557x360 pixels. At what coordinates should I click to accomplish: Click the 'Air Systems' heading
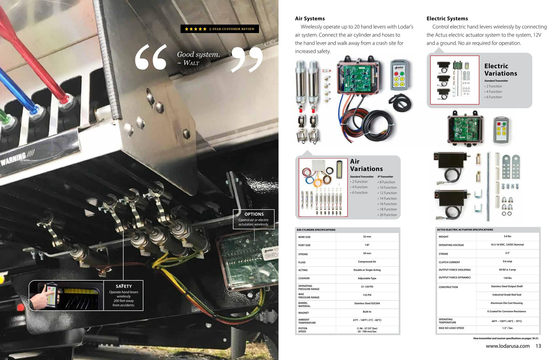coord(309,18)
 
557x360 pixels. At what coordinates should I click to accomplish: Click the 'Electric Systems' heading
coord(447,18)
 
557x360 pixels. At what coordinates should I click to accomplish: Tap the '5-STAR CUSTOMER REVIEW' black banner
coord(220,29)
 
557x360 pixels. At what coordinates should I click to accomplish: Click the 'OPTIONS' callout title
coord(254,214)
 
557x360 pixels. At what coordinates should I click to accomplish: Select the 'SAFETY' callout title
coord(124,286)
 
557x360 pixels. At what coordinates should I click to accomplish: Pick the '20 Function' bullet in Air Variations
coord(388,215)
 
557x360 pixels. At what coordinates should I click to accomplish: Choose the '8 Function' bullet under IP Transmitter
coord(387,182)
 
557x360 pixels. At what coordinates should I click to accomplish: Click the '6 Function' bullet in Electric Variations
coord(494,97)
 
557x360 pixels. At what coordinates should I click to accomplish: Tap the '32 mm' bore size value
coord(367,237)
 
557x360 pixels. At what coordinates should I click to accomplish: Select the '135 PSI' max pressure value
coord(367,295)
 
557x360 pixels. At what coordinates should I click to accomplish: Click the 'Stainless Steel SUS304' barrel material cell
coord(367,303)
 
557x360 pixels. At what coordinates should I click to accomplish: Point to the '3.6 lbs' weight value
coord(507,236)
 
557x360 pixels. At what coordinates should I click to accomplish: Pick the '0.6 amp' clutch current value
coord(507,261)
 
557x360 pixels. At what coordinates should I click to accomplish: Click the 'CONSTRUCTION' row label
coord(448,287)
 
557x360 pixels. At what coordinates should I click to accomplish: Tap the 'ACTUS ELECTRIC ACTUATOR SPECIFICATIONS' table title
coord(465,230)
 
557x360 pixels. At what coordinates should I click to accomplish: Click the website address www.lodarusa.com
coord(508,346)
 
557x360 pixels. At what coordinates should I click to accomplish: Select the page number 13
coord(538,346)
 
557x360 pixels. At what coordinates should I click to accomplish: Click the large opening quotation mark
coord(151,57)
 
